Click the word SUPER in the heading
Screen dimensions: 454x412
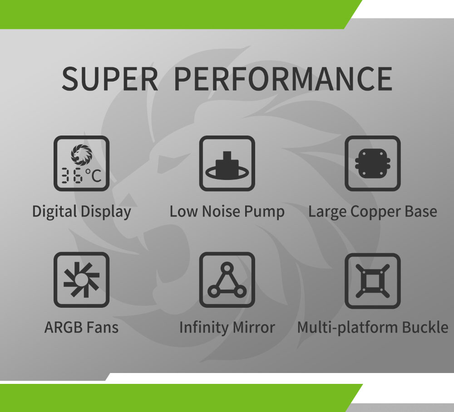(x=110, y=79)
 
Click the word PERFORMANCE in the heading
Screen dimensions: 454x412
(x=283, y=79)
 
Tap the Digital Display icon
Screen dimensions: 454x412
(x=81, y=163)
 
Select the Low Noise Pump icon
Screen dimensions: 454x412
(x=227, y=163)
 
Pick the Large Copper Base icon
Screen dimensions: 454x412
(x=373, y=163)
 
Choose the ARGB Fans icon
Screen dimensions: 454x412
(x=81, y=280)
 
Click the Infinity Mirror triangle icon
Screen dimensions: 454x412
(x=227, y=280)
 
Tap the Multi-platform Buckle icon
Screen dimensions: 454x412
(x=373, y=281)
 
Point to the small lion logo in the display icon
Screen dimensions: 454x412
(x=82, y=155)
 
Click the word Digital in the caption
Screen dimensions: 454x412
(x=54, y=212)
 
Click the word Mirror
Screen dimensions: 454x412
(x=254, y=328)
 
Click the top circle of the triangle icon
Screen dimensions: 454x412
(x=227, y=267)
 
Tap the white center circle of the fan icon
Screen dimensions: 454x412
(x=81, y=279)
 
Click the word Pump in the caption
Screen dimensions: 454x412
(x=264, y=212)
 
